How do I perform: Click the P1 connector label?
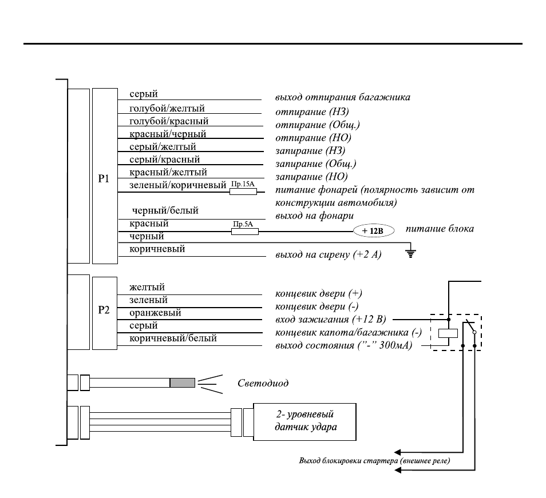(x=104, y=179)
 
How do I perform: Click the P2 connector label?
(x=104, y=310)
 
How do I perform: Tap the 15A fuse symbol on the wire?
(x=243, y=192)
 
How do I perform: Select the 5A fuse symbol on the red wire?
(x=245, y=231)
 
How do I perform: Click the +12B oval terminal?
(x=374, y=231)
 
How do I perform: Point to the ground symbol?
(x=411, y=253)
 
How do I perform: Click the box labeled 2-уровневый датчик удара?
(x=304, y=422)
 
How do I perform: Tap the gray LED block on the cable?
(x=183, y=383)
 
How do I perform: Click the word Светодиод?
(x=263, y=383)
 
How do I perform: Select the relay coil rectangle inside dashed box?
(x=448, y=333)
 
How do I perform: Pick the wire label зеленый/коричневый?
(x=177, y=185)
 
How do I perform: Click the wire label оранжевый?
(x=155, y=313)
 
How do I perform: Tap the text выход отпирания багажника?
(x=343, y=97)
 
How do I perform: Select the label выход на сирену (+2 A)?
(x=329, y=254)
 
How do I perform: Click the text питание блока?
(x=440, y=229)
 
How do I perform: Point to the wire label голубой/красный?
(x=169, y=121)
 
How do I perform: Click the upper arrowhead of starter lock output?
(x=397, y=452)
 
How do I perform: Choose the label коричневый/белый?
(x=173, y=338)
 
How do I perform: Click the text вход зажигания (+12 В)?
(x=331, y=319)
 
